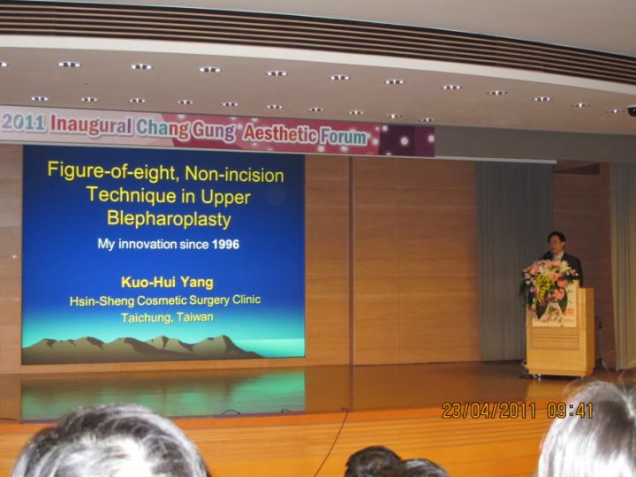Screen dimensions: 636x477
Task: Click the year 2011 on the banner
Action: pyautogui.click(x=23, y=123)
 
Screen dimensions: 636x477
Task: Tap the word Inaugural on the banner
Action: pyautogui.click(x=91, y=125)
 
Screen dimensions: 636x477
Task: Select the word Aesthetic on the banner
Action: pyautogui.click(x=280, y=134)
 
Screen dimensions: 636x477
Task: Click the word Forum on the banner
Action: pyautogui.click(x=343, y=137)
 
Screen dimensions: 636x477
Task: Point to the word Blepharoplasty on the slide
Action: pyautogui.click(x=169, y=219)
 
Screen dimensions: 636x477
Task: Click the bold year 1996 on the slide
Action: pyautogui.click(x=225, y=244)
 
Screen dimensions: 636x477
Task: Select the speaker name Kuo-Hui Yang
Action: pyautogui.click(x=167, y=283)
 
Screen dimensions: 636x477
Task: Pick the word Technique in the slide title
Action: pyautogui.click(x=132, y=195)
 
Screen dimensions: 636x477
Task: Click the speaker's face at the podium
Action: pyautogui.click(x=556, y=244)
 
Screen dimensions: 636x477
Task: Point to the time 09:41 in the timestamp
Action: pyautogui.click(x=570, y=411)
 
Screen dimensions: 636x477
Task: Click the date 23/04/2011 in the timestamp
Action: pyautogui.click(x=488, y=411)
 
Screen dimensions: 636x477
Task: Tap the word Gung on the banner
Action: pyautogui.click(x=214, y=131)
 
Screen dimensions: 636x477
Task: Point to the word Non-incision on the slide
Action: pyautogui.click(x=234, y=174)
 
